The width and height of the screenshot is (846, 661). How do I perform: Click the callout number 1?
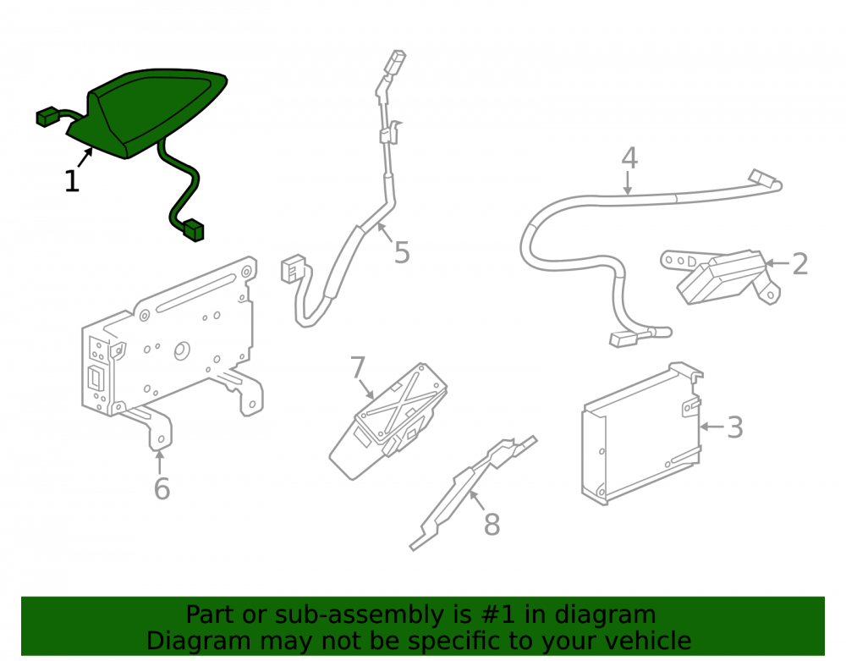pyautogui.click(x=72, y=181)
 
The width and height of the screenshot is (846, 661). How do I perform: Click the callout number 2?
pyautogui.click(x=800, y=264)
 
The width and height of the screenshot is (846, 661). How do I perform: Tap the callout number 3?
pyautogui.click(x=735, y=427)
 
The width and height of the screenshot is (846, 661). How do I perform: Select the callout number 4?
pyautogui.click(x=629, y=157)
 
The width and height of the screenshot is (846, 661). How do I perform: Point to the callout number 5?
pyautogui.click(x=402, y=252)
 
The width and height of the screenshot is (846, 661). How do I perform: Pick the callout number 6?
pyautogui.click(x=162, y=489)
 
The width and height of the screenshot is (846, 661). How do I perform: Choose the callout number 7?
pyautogui.click(x=357, y=367)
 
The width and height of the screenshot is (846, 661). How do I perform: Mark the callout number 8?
pyautogui.click(x=492, y=525)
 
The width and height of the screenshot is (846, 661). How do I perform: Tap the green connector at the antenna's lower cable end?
pyautogui.click(x=194, y=230)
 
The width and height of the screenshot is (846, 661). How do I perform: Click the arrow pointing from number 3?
pyautogui.click(x=711, y=427)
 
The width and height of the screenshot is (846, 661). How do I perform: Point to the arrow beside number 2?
pyautogui.click(x=777, y=263)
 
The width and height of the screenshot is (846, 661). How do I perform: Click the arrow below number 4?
pyautogui.click(x=628, y=183)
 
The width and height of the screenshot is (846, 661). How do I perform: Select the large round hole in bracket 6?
pyautogui.click(x=182, y=351)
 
